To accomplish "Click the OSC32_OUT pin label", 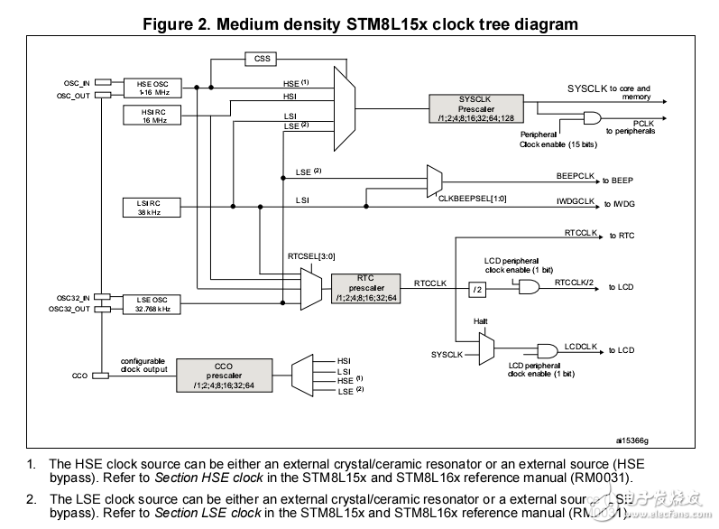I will [69, 310].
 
